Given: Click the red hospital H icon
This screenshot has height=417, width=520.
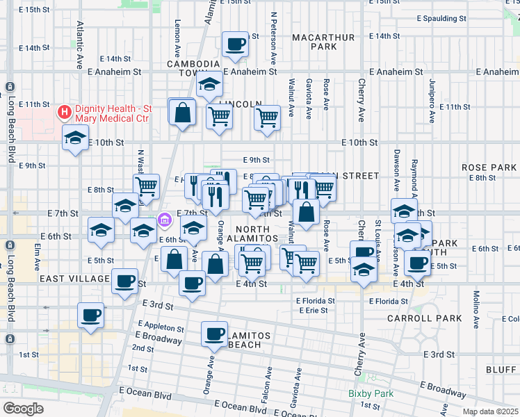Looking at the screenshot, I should (x=65, y=111).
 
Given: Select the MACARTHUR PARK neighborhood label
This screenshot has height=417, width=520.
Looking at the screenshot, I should (x=314, y=42).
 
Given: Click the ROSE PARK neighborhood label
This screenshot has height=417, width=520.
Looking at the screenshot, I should (x=489, y=167).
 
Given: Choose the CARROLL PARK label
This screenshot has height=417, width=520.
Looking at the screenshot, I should (x=437, y=318).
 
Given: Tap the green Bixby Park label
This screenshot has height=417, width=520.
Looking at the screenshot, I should (x=371, y=394).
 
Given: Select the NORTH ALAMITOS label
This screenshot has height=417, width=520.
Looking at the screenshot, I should (x=263, y=234).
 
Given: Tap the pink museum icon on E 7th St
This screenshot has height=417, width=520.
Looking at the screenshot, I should (x=165, y=220).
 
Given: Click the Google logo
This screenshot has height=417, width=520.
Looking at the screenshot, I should (x=23, y=408).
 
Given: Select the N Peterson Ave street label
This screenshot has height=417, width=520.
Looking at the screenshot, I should (x=274, y=35).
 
